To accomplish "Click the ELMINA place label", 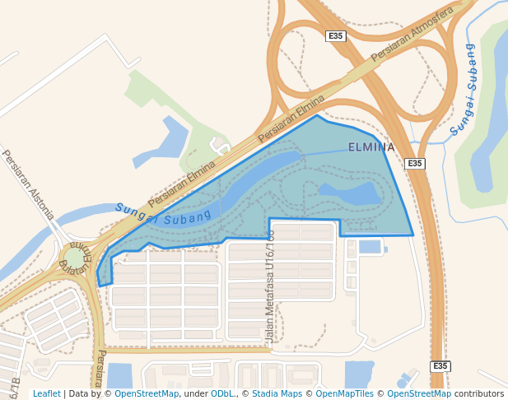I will coord(371,147).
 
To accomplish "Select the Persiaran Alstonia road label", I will coord(28,184).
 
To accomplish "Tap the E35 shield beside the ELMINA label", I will coord(416,164).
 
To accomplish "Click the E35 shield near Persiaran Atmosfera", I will coord(336,36).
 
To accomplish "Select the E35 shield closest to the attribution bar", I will coord(440,366).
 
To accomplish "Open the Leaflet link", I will coord(46,394).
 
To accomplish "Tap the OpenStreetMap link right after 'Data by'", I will coord(147,394).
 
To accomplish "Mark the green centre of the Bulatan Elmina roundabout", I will coord(75,258).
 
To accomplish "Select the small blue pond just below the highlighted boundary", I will coord(370,246).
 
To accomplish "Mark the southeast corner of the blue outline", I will coord(413,235).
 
